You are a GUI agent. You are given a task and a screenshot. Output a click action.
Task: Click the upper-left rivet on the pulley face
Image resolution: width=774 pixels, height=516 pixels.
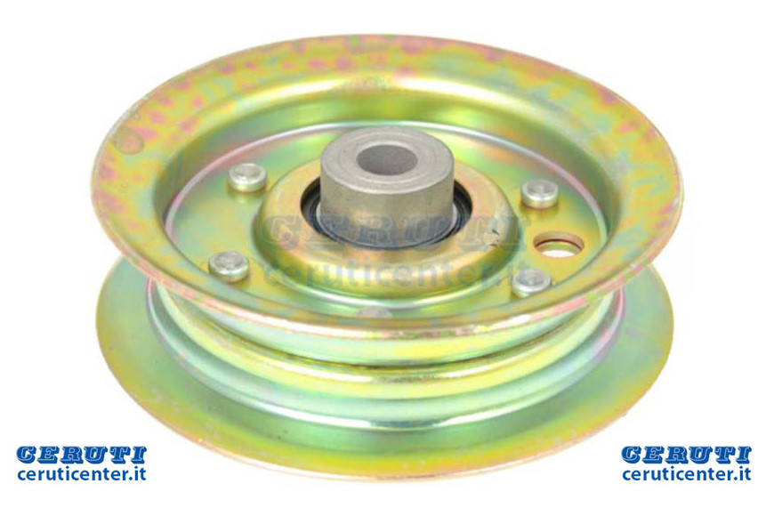click(x=247, y=177)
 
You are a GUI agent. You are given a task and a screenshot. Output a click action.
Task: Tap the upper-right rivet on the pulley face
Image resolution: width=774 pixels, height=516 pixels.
click(x=540, y=194)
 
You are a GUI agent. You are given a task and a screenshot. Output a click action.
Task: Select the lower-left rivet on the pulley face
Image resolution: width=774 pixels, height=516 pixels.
click(x=229, y=266)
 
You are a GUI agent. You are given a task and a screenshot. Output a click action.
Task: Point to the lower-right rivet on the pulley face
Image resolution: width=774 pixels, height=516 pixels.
click(x=532, y=282)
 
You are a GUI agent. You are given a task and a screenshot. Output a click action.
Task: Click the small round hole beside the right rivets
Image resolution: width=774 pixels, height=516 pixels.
click(x=559, y=246)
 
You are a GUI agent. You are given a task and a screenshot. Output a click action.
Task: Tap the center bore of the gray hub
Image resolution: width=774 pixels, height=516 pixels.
click(x=388, y=159)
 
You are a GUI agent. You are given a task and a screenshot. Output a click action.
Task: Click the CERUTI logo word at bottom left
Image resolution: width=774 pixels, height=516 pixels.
click(x=82, y=455)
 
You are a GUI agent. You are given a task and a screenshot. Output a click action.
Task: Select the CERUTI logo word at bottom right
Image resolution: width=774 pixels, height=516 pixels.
click(x=686, y=455)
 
